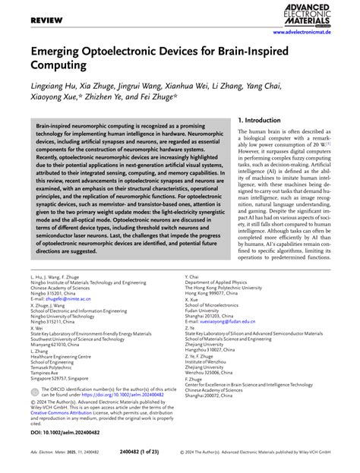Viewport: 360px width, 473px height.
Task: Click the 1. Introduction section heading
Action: [267, 120]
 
